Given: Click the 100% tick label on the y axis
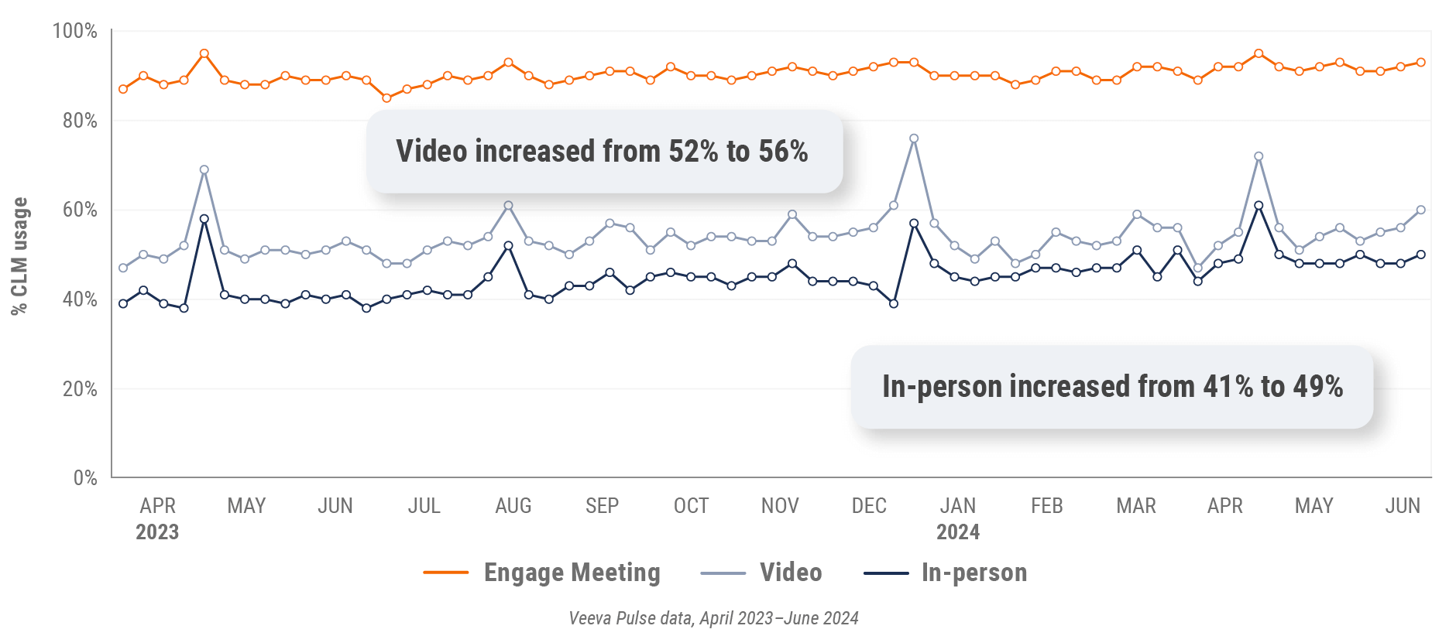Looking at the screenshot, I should pos(74,31).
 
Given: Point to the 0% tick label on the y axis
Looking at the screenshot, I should pos(85,477).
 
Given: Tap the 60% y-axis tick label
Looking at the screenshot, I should pos(80,210).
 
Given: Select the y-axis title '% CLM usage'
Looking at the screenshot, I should pos(19,255).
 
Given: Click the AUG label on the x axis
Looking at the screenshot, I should pos(513,506).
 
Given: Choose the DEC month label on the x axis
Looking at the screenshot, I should pos(869,506).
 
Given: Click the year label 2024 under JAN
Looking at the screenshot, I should pos(958,532).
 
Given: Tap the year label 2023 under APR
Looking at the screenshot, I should pos(157,532).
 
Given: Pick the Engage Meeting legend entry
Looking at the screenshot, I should pos(572,573).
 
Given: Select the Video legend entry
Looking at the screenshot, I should pos(790,573).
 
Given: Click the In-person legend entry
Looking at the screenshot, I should pos(974,573).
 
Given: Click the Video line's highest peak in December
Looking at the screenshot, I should pos(914,139).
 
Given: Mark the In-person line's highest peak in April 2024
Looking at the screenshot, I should pos(1259,206).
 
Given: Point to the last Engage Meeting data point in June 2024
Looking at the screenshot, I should pos(1420,63).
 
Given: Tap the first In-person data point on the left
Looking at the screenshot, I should pos(123,303).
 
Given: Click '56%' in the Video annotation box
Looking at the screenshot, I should pos(783,152).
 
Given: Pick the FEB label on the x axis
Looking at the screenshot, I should pos(1047,506).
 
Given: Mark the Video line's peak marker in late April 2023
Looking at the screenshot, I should pos(204,170).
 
